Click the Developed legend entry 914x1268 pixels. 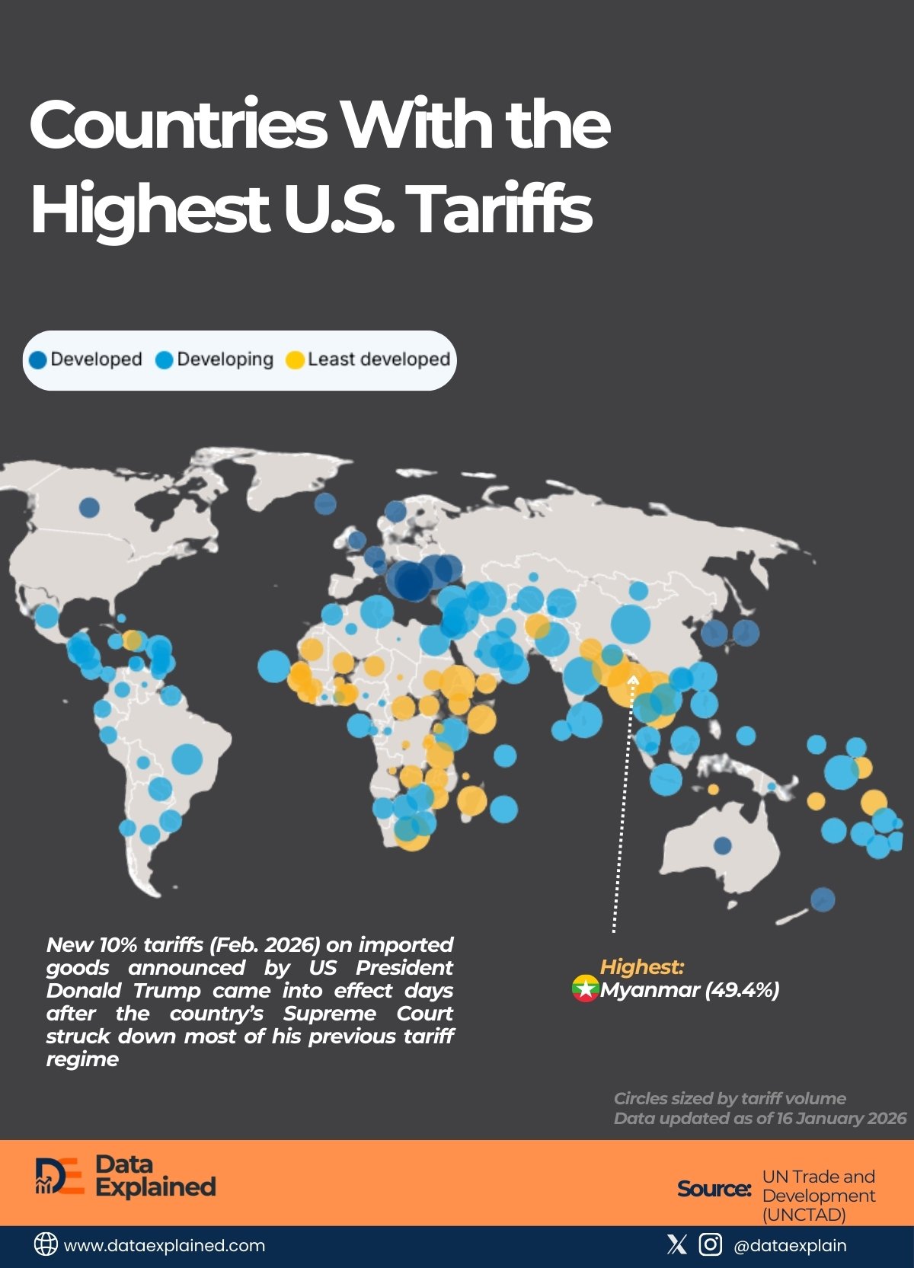point(85,359)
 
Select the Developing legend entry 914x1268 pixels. point(215,359)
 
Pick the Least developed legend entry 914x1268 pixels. point(369,359)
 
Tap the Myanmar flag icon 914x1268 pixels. point(585,989)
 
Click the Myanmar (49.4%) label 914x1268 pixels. point(689,989)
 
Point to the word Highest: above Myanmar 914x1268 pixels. point(642,967)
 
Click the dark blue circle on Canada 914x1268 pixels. point(89,507)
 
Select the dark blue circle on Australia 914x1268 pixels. point(722,845)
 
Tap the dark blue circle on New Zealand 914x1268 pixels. point(823,899)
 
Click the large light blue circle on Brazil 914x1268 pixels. point(187,759)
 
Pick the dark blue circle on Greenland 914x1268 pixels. point(325,503)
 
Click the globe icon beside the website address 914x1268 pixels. point(46,1244)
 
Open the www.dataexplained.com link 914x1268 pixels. point(165,1246)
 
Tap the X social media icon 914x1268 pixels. point(676,1244)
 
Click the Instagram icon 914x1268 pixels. point(710,1244)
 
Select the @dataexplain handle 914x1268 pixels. point(789,1246)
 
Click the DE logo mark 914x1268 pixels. point(59,1176)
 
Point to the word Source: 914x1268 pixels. point(714,1189)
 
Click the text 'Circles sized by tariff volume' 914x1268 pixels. point(730,1098)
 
